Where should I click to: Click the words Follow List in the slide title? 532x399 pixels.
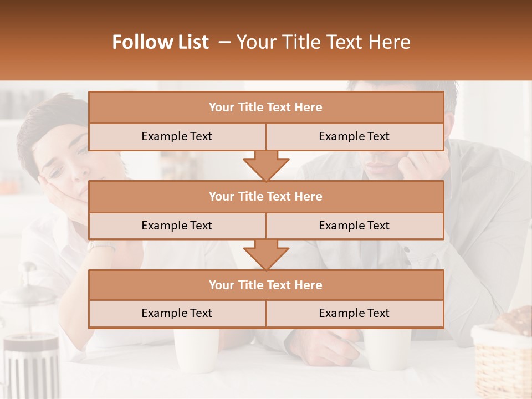[x=161, y=42]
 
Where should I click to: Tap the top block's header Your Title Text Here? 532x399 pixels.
[x=265, y=108]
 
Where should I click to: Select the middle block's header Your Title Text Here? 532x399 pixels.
[x=265, y=196]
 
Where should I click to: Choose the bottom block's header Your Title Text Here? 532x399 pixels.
[x=265, y=285]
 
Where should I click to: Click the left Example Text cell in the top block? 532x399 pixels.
[x=177, y=136]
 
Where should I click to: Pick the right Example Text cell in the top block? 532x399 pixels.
[x=354, y=136]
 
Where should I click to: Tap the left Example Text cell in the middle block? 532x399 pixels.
[x=177, y=226]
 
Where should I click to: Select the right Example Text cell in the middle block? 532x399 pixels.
[x=354, y=226]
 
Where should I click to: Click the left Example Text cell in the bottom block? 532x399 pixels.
[x=177, y=313]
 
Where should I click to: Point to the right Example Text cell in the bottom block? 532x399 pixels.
[x=354, y=313]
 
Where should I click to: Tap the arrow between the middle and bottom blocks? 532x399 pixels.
[x=266, y=254]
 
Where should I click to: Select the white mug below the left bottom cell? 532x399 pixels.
[x=195, y=349]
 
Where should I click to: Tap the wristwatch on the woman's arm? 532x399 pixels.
[x=100, y=245]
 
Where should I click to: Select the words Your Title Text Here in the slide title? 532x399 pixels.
[x=324, y=42]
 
